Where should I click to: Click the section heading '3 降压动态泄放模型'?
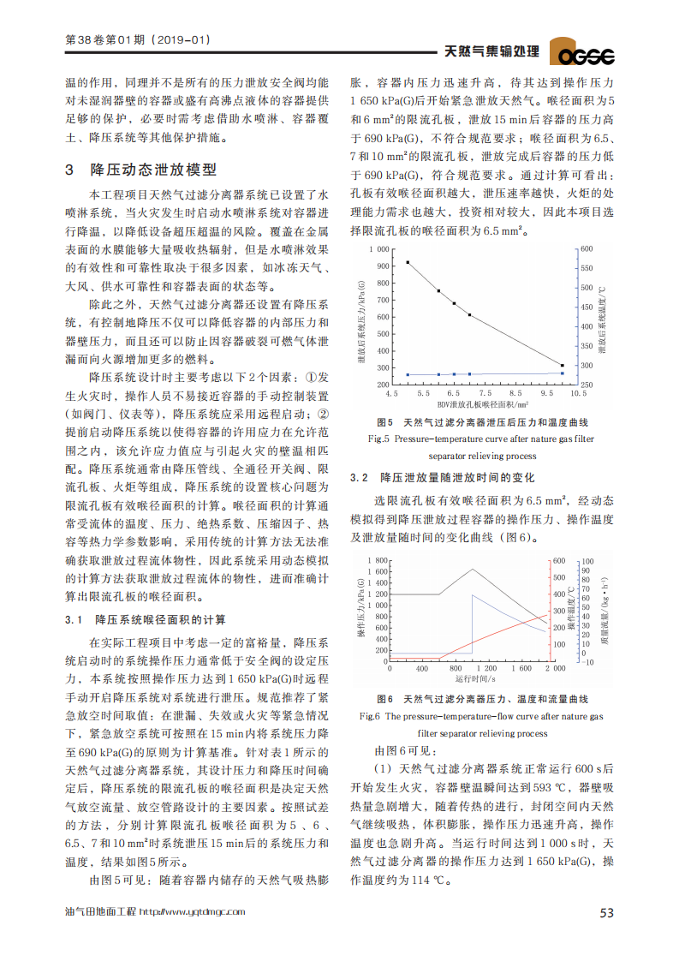click(x=141, y=170)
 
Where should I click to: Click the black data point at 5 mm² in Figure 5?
click(x=408, y=263)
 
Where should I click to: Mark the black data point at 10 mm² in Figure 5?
click(x=563, y=366)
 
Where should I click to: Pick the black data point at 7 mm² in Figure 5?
click(x=469, y=315)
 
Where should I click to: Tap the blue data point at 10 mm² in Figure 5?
click(x=563, y=373)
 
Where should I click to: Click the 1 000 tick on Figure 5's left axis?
click(x=378, y=249)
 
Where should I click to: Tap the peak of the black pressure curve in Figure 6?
click(x=473, y=569)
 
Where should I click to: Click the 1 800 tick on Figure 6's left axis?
click(x=378, y=560)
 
